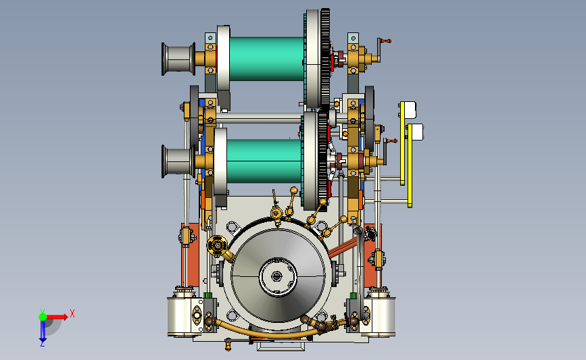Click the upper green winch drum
[x=266, y=59]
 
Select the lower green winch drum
[x=264, y=161]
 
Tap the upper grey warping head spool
[x=178, y=59]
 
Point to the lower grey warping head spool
[x=178, y=161]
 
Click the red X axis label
[x=72, y=313]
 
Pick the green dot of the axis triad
[x=43, y=317]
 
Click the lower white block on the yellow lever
[x=418, y=132]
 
